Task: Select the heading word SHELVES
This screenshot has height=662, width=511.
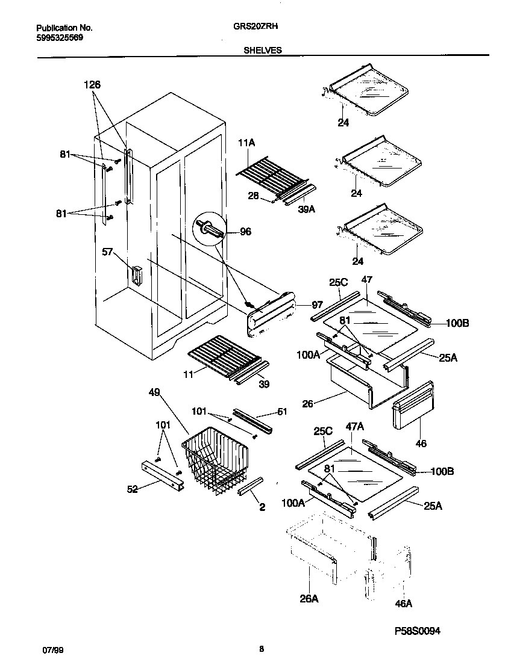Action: pos(262,51)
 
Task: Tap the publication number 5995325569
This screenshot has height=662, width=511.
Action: pos(60,37)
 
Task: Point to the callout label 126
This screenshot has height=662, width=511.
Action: pos(92,85)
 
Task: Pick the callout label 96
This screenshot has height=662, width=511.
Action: pos(245,231)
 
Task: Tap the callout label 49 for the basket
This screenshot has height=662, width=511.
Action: pos(155,392)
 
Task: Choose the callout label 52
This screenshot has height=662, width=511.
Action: pos(132,489)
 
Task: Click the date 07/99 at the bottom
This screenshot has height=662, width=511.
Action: pos(51,651)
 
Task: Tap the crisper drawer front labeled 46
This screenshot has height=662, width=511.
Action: pos(412,405)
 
